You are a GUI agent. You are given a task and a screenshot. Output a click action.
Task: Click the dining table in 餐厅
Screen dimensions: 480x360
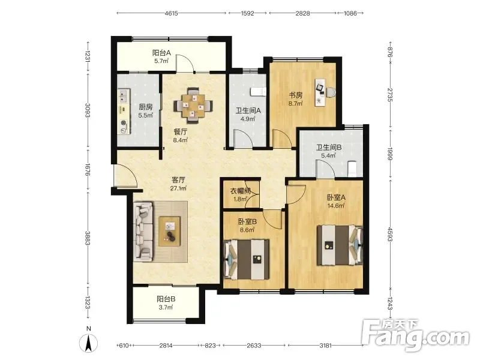pyautogui.click(x=193, y=106)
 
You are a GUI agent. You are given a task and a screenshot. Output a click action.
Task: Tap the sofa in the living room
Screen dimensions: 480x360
pyautogui.click(x=143, y=232)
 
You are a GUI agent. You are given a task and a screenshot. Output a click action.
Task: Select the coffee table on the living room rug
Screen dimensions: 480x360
pyautogui.click(x=169, y=231)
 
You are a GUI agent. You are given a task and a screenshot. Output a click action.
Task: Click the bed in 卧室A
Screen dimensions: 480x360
pyautogui.click(x=340, y=245)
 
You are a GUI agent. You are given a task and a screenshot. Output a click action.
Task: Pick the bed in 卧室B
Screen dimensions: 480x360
pyautogui.click(x=247, y=259)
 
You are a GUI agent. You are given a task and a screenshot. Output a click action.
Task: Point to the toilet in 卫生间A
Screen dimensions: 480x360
pyautogui.click(x=259, y=92)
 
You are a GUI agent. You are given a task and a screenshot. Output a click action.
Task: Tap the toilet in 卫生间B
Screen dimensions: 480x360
pyautogui.click(x=353, y=169)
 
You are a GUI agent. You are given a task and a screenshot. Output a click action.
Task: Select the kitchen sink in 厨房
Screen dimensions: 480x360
pyautogui.click(x=124, y=95)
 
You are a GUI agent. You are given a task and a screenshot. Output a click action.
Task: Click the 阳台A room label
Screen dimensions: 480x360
pyautogui.click(x=161, y=53)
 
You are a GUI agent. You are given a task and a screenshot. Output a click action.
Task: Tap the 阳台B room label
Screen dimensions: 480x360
pyautogui.click(x=166, y=299)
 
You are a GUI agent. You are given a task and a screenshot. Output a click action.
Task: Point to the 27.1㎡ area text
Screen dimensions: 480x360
pyautogui.click(x=178, y=188)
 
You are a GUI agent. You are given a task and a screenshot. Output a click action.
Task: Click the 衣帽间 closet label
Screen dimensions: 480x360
pyautogui.click(x=241, y=191)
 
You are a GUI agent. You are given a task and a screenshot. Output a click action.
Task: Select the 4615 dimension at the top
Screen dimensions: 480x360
pyautogui.click(x=171, y=13)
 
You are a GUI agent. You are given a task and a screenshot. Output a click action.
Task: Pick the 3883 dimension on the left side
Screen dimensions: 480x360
pyautogui.click(x=88, y=238)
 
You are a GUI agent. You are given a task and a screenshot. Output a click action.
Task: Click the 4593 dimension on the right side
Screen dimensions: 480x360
pyautogui.click(x=390, y=234)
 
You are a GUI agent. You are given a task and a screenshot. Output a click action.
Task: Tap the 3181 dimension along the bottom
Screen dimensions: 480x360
pyautogui.click(x=325, y=346)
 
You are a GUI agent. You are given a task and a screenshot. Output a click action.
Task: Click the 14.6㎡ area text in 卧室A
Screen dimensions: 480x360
pyautogui.click(x=336, y=206)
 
